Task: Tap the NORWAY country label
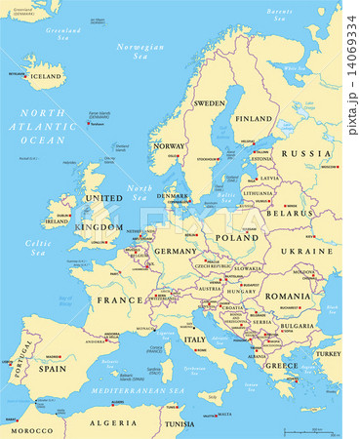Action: [x=169, y=146]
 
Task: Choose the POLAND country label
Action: [x=237, y=237]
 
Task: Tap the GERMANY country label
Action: [x=176, y=251]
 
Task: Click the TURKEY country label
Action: [x=329, y=354]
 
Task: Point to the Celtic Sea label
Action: [x=38, y=249]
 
